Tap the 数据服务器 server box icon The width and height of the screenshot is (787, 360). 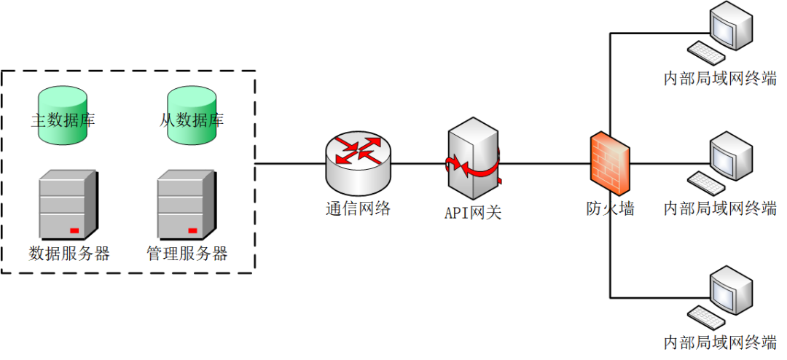coord(68,204)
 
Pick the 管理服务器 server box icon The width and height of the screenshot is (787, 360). coord(187,204)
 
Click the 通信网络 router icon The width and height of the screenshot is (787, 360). coord(358,162)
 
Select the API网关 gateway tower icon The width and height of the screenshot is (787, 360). coord(474,160)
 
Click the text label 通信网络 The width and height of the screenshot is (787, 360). coord(358,209)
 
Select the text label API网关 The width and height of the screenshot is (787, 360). coord(473,212)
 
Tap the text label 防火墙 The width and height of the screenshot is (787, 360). coord(610,209)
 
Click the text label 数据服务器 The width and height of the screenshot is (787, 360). coord(69,254)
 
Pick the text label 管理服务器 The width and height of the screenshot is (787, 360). coord(187,254)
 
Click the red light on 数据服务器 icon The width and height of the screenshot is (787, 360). coord(74,231)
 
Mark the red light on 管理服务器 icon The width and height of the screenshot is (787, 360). coord(192,231)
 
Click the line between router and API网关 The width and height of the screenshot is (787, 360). coord(418,163)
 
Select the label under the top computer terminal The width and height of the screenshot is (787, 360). coord(719,79)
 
